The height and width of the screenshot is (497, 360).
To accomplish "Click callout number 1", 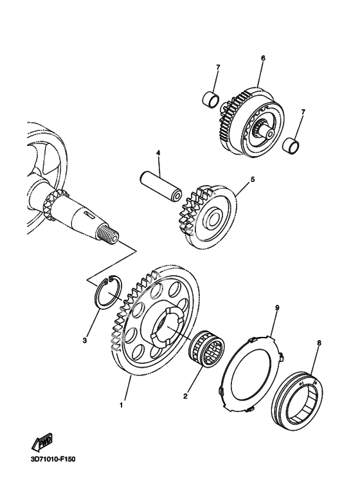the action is (x=121, y=405).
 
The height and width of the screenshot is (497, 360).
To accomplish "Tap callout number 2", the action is (x=185, y=396).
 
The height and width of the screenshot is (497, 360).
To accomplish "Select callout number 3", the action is (x=85, y=340).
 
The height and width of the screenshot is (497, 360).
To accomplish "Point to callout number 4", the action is (x=157, y=153).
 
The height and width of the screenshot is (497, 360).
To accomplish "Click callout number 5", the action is (x=253, y=179).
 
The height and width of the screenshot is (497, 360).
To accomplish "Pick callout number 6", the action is (x=263, y=58).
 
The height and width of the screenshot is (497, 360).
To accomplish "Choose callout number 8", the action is (x=319, y=343).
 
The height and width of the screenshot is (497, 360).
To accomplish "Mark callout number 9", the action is (x=277, y=307).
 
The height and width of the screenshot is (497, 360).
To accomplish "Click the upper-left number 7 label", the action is (x=218, y=68).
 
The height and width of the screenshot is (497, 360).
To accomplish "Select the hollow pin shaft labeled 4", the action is (x=161, y=186).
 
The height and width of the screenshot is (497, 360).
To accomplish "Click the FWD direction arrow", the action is (x=42, y=442).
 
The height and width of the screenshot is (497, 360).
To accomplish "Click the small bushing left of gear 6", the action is (x=211, y=98).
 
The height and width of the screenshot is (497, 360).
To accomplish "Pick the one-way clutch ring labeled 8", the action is (x=298, y=399).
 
